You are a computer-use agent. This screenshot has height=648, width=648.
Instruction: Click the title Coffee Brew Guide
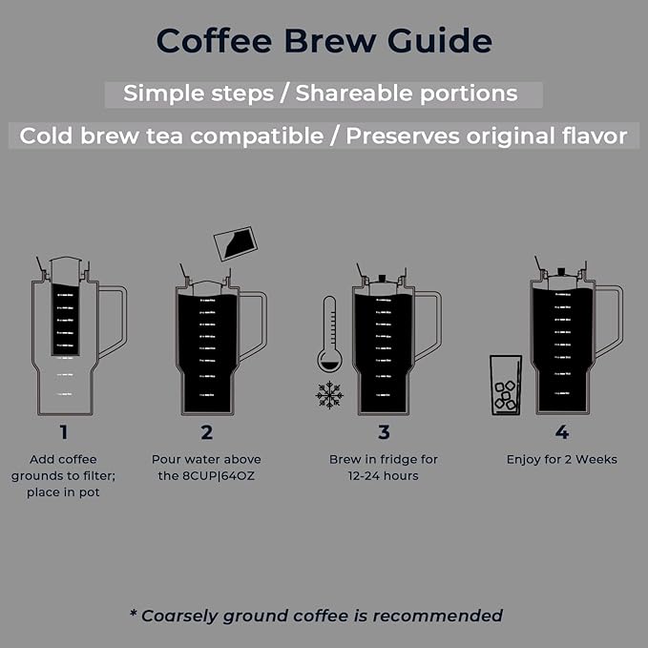[324, 41]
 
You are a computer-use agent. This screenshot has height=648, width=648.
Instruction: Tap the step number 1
[63, 431]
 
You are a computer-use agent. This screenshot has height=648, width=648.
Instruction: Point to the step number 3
[384, 431]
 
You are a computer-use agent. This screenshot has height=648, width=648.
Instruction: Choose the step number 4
[561, 431]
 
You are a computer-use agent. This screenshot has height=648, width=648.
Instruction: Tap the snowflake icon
[330, 393]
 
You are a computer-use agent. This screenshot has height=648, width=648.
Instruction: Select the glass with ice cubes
[505, 385]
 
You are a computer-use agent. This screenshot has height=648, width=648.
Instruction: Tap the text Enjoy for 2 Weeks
[561, 459]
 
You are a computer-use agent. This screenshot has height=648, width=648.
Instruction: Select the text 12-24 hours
[384, 475]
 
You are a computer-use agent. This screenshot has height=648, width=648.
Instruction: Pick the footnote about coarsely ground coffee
[316, 616]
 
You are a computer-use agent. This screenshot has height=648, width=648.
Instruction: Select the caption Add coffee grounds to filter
[63, 468]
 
